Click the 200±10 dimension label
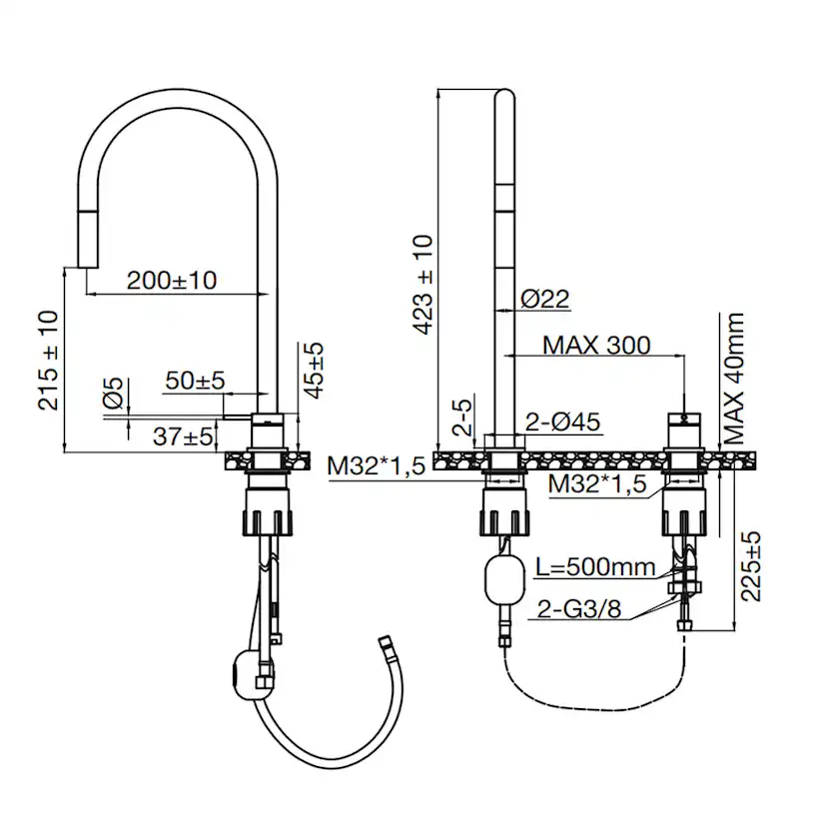[172, 280]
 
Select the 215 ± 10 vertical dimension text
[48, 361]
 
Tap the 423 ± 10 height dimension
[423, 285]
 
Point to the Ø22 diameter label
[544, 298]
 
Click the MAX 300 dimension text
[596, 345]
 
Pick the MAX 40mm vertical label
[735, 379]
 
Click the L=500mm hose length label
[595, 567]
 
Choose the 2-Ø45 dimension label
[563, 422]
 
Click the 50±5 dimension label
[195, 380]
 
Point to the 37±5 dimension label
[183, 436]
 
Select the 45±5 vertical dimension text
[315, 370]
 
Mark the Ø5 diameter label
[114, 393]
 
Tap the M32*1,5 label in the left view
[378, 465]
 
